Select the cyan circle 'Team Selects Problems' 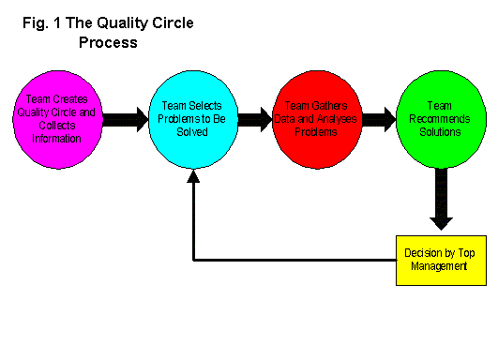coord(192,119)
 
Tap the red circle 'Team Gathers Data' coord(317,119)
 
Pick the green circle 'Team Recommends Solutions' coord(440,119)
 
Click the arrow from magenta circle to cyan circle coord(126,119)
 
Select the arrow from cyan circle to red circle coord(254,119)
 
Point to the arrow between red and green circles coord(379,119)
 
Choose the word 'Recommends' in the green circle coord(440,119)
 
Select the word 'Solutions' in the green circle coord(441,132)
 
